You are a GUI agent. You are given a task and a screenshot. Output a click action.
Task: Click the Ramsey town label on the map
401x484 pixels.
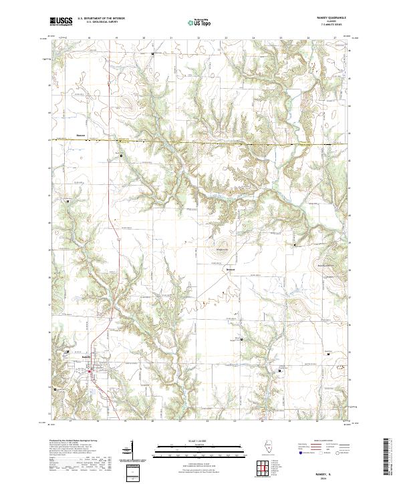click(x=86, y=356)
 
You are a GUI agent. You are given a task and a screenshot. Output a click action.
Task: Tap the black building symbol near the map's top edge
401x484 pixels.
click(x=152, y=53)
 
